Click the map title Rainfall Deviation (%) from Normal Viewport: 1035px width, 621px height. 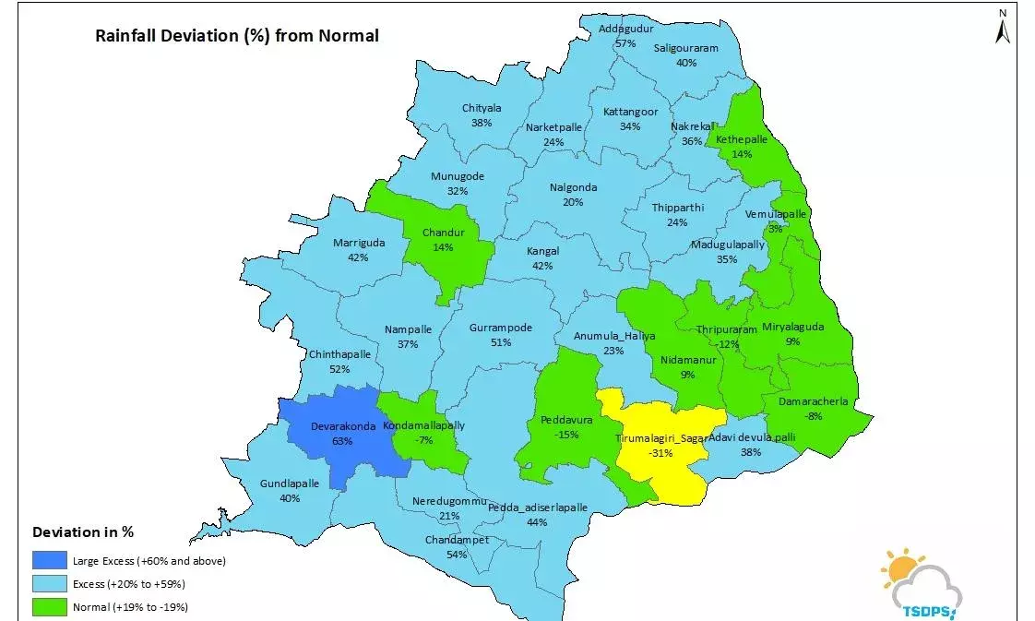click(x=237, y=36)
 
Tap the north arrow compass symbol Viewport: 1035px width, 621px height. click(x=1003, y=29)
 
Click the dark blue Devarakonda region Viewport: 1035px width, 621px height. click(x=341, y=434)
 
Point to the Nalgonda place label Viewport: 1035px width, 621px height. click(x=573, y=187)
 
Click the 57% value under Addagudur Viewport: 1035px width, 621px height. click(x=625, y=43)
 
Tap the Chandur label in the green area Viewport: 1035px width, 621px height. click(x=443, y=233)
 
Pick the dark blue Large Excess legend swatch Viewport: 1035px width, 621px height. click(x=50, y=560)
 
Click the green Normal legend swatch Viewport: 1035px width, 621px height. click(x=50, y=606)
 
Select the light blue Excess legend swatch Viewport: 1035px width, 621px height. click(x=50, y=583)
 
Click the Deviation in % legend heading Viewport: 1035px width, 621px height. click(x=83, y=532)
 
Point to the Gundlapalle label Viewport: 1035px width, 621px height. click(x=289, y=484)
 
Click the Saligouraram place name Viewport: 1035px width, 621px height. click(x=685, y=48)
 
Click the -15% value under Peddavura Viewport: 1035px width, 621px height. click(x=566, y=435)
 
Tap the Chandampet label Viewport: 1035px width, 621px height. click(x=457, y=540)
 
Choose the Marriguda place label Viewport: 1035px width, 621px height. click(x=358, y=243)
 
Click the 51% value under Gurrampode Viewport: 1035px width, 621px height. click(x=501, y=342)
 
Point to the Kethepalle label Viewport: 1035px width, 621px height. click(x=742, y=139)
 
